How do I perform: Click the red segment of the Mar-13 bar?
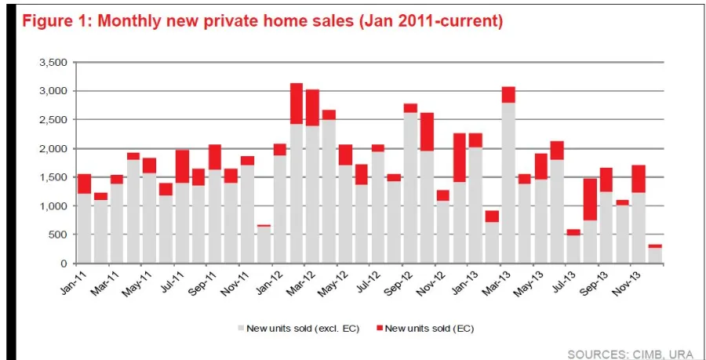coord(508,94)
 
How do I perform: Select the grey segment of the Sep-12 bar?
coord(410,188)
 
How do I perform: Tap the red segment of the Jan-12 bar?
coord(279,149)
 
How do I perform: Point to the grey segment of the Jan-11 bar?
coord(84,227)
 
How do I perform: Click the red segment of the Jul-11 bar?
coord(182,165)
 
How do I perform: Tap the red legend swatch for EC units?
coord(382,328)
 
